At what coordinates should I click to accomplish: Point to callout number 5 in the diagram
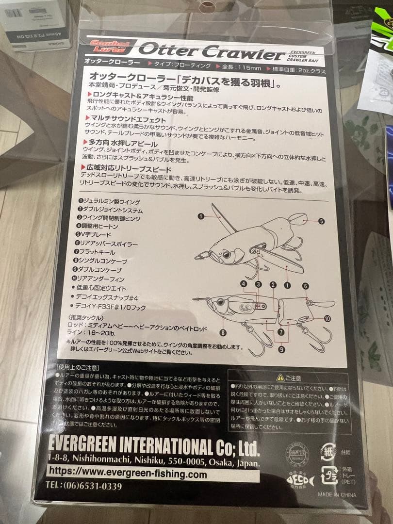coord(321,221)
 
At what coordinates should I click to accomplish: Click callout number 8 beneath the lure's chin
coord(223,333)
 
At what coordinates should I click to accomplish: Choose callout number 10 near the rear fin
coord(327,319)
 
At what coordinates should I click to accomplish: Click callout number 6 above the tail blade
coord(305,286)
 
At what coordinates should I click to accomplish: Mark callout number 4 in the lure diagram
coord(244,284)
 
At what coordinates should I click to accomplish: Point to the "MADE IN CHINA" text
coord(337,494)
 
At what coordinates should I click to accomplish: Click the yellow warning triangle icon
coord(280,377)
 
